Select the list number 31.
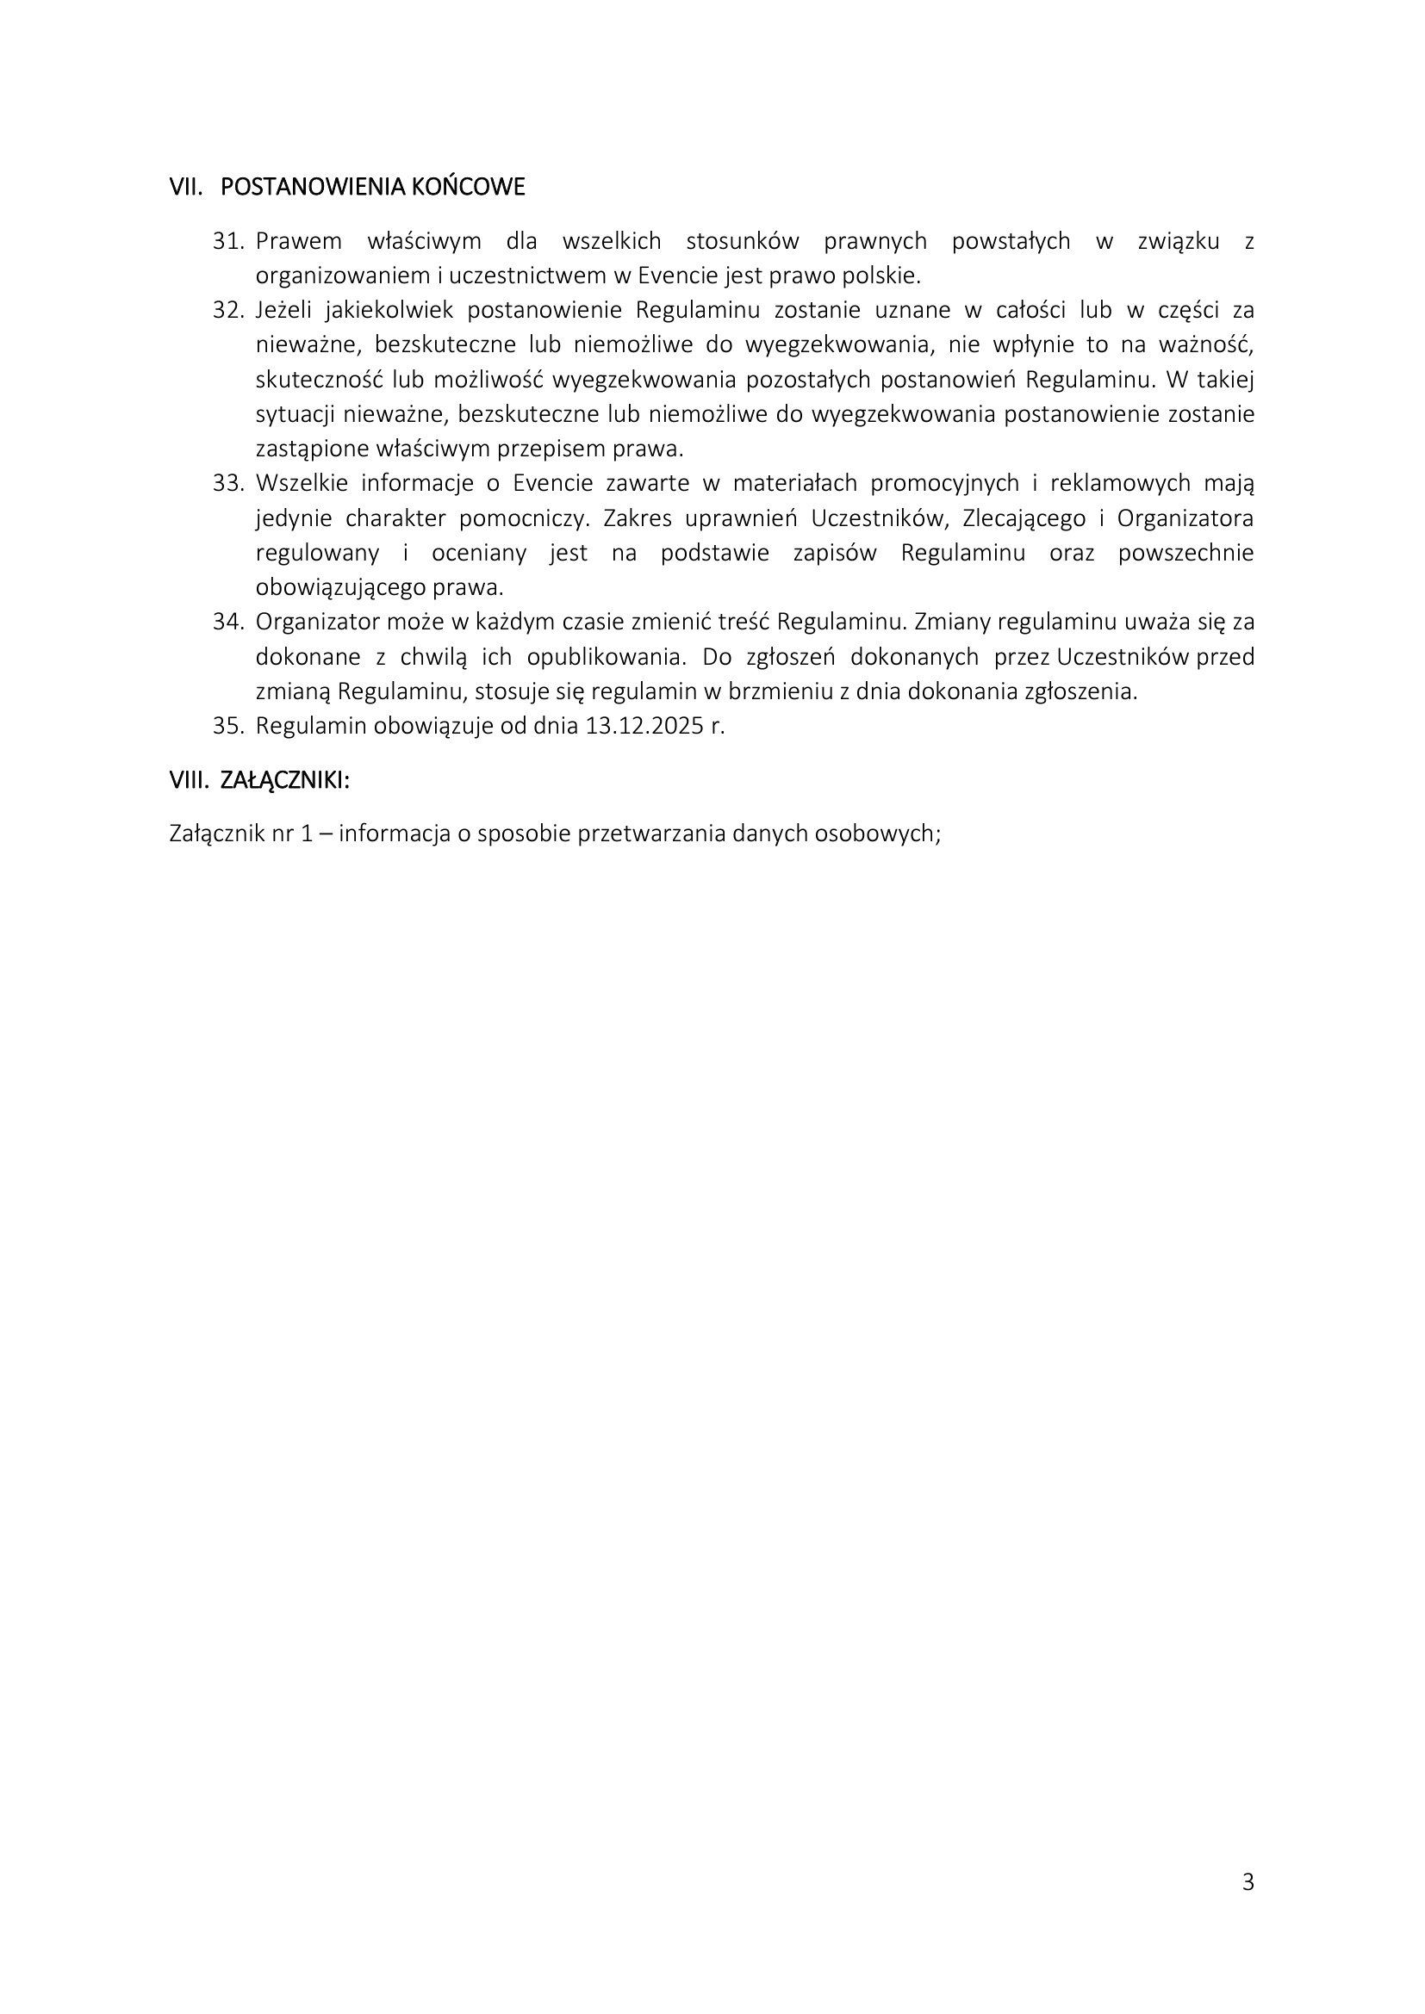(227, 241)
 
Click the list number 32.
(227, 311)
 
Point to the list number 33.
(227, 483)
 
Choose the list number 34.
(227, 622)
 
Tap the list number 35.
(227, 727)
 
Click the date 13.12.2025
(643, 727)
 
